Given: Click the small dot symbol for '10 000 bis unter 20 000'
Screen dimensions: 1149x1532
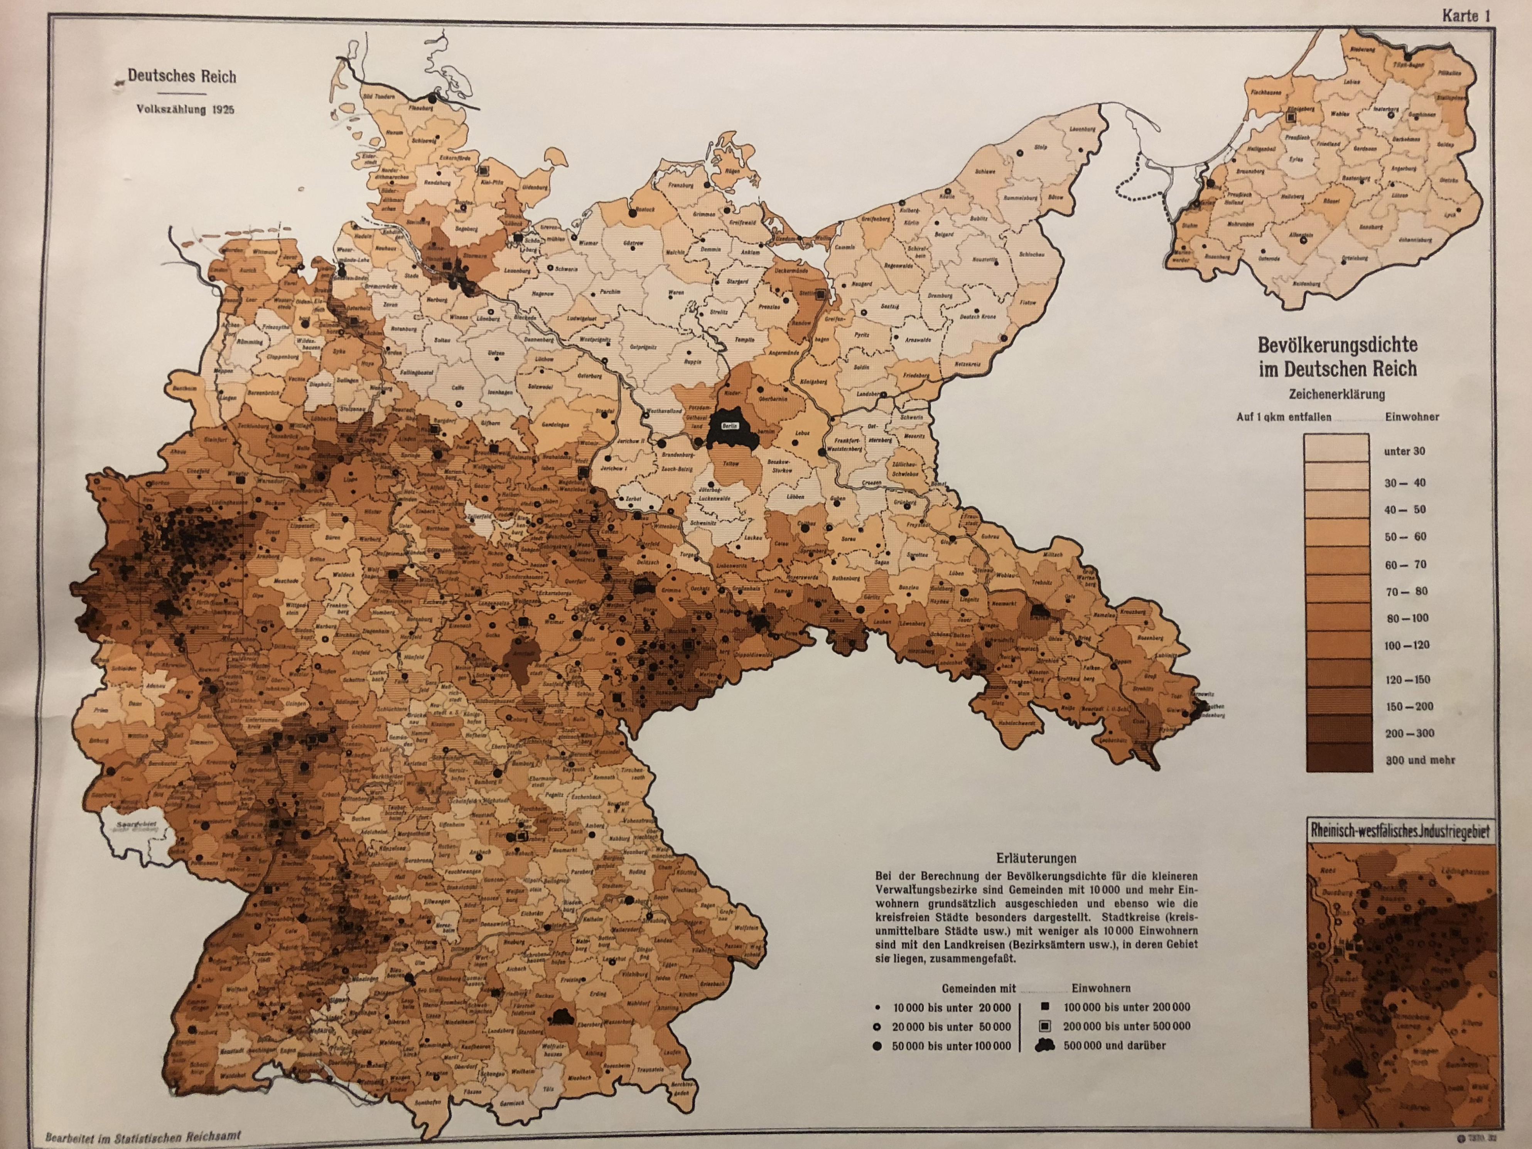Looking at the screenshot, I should (878, 1008).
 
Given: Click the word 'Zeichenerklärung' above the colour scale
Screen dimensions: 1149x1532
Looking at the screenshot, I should (1337, 394).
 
